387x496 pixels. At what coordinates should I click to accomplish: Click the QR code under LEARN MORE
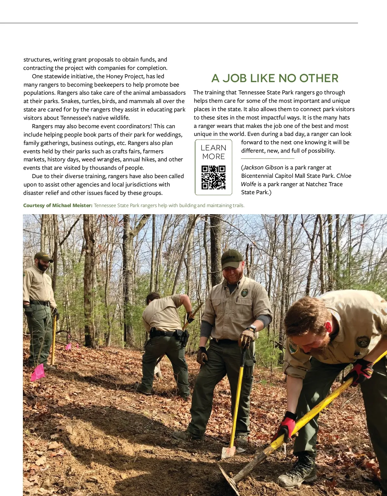pyautogui.click(x=213, y=177)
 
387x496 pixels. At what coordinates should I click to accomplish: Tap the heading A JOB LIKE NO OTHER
pyautogui.click(x=275, y=78)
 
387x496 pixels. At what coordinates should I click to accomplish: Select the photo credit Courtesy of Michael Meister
pyautogui.click(x=58, y=205)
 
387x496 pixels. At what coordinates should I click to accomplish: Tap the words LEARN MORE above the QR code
pyautogui.click(x=213, y=152)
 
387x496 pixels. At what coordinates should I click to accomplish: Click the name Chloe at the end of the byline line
pyautogui.click(x=344, y=176)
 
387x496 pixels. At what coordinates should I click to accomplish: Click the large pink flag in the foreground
pyautogui.click(x=38, y=372)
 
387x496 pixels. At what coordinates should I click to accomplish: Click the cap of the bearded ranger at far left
pyautogui.click(x=44, y=257)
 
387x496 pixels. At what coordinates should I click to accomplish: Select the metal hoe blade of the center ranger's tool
pyautogui.click(x=228, y=451)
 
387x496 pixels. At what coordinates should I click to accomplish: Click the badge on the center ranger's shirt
pyautogui.click(x=244, y=293)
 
